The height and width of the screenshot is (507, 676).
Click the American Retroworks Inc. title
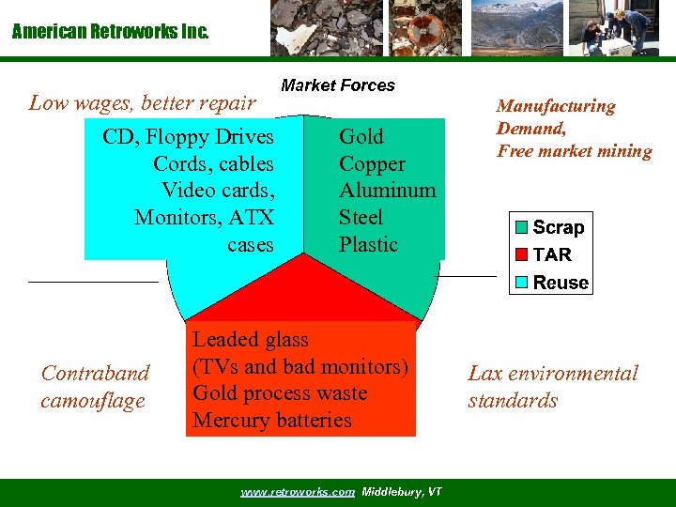click(111, 32)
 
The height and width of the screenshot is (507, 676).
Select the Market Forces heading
click(338, 85)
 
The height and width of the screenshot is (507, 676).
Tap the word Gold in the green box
click(361, 137)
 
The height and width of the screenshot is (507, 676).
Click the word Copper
click(372, 164)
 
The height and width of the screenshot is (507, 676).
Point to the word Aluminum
click(387, 191)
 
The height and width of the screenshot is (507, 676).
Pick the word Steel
click(361, 218)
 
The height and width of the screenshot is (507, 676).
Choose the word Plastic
click(368, 245)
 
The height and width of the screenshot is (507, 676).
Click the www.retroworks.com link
click(298, 492)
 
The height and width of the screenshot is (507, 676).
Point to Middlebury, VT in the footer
click(402, 492)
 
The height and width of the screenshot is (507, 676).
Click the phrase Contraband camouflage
click(95, 387)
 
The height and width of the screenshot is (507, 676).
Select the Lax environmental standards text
click(552, 387)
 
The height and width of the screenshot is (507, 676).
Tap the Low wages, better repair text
click(142, 103)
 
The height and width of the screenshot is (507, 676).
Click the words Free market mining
click(574, 151)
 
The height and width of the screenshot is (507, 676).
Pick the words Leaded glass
click(251, 339)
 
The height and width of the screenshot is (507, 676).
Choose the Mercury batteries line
click(271, 420)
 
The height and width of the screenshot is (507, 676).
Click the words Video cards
click(216, 191)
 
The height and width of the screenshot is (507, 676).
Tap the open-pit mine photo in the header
click(516, 28)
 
